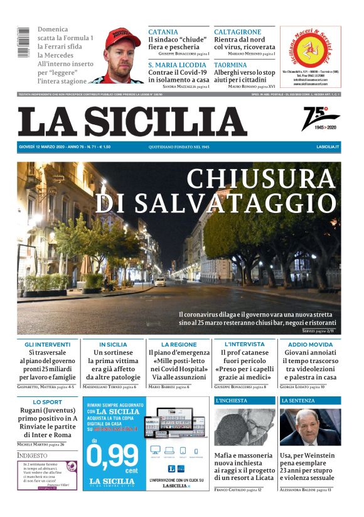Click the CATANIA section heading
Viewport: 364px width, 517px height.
point(163,32)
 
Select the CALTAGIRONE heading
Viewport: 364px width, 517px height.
point(238,32)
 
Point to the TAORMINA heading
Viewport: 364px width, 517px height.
point(230,65)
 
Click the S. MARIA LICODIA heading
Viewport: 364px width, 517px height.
point(177,65)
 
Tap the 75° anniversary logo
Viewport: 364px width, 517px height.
point(320,119)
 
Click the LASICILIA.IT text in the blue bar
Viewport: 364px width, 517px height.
point(328,146)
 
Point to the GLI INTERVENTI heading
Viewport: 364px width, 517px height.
point(48,345)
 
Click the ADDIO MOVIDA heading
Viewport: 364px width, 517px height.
point(310,345)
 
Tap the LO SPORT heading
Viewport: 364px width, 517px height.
point(48,402)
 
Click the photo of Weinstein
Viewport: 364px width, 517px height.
point(310,427)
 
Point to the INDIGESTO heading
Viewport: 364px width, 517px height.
point(32,455)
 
